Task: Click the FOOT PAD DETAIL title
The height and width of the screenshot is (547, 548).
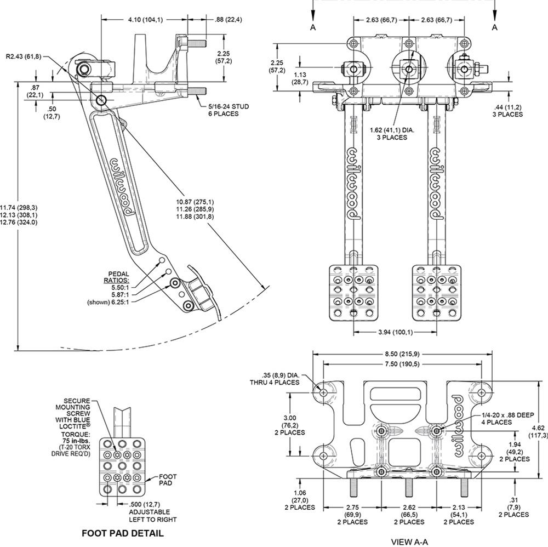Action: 122,533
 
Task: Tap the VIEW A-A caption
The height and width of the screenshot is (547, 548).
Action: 409,542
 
